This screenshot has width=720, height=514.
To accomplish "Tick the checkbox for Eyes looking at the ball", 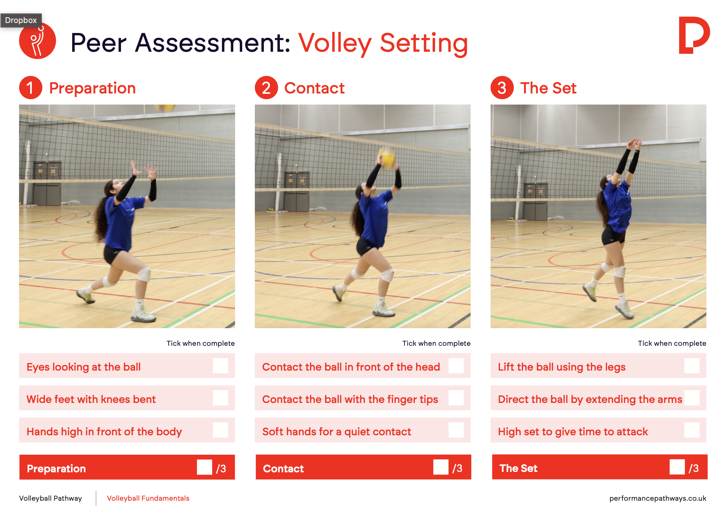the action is coord(220,366).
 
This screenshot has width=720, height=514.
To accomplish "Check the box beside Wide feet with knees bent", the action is coord(220,398).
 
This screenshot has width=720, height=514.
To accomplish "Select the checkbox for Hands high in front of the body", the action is coord(220,430).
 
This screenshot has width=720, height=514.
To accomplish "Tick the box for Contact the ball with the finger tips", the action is coord(456,398).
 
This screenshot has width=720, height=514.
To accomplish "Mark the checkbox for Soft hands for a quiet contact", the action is coord(456,430).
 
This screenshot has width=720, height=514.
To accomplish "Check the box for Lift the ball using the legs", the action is coord(692,366).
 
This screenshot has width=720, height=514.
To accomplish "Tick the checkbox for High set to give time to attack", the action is coord(692,430).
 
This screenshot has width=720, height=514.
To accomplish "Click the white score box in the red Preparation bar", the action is coord(205,467).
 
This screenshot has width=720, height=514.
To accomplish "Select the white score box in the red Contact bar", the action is coord(441,467).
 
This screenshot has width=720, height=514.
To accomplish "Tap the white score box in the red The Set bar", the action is coord(677,467).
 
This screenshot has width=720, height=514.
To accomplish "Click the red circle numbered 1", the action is coord(31,88).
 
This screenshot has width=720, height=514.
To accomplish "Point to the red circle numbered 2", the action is coord(266,88).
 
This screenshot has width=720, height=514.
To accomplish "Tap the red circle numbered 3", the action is coord(502,88).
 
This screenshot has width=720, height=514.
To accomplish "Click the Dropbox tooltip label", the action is coord(21,20).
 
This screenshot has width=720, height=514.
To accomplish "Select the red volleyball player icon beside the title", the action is coord(38,41).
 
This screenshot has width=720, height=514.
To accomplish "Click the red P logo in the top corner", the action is coord(694,35).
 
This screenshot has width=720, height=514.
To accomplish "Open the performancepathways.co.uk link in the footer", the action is coord(658,498).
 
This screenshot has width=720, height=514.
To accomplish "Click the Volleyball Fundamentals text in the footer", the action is coord(148,498).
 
